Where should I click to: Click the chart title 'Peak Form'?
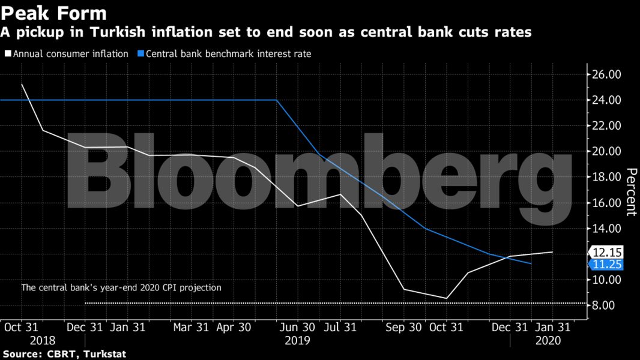click(53, 13)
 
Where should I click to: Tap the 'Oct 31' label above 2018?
click(22, 328)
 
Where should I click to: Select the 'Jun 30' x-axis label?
click(297, 328)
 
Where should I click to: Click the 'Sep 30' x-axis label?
click(403, 328)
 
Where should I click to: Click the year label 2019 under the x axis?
click(297, 340)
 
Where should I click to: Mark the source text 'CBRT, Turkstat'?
click(86, 354)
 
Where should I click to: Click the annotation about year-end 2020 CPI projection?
click(121, 288)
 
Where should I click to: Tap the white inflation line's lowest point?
click(447, 298)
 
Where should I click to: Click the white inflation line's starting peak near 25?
click(22, 84)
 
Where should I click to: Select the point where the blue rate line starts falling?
click(277, 100)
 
